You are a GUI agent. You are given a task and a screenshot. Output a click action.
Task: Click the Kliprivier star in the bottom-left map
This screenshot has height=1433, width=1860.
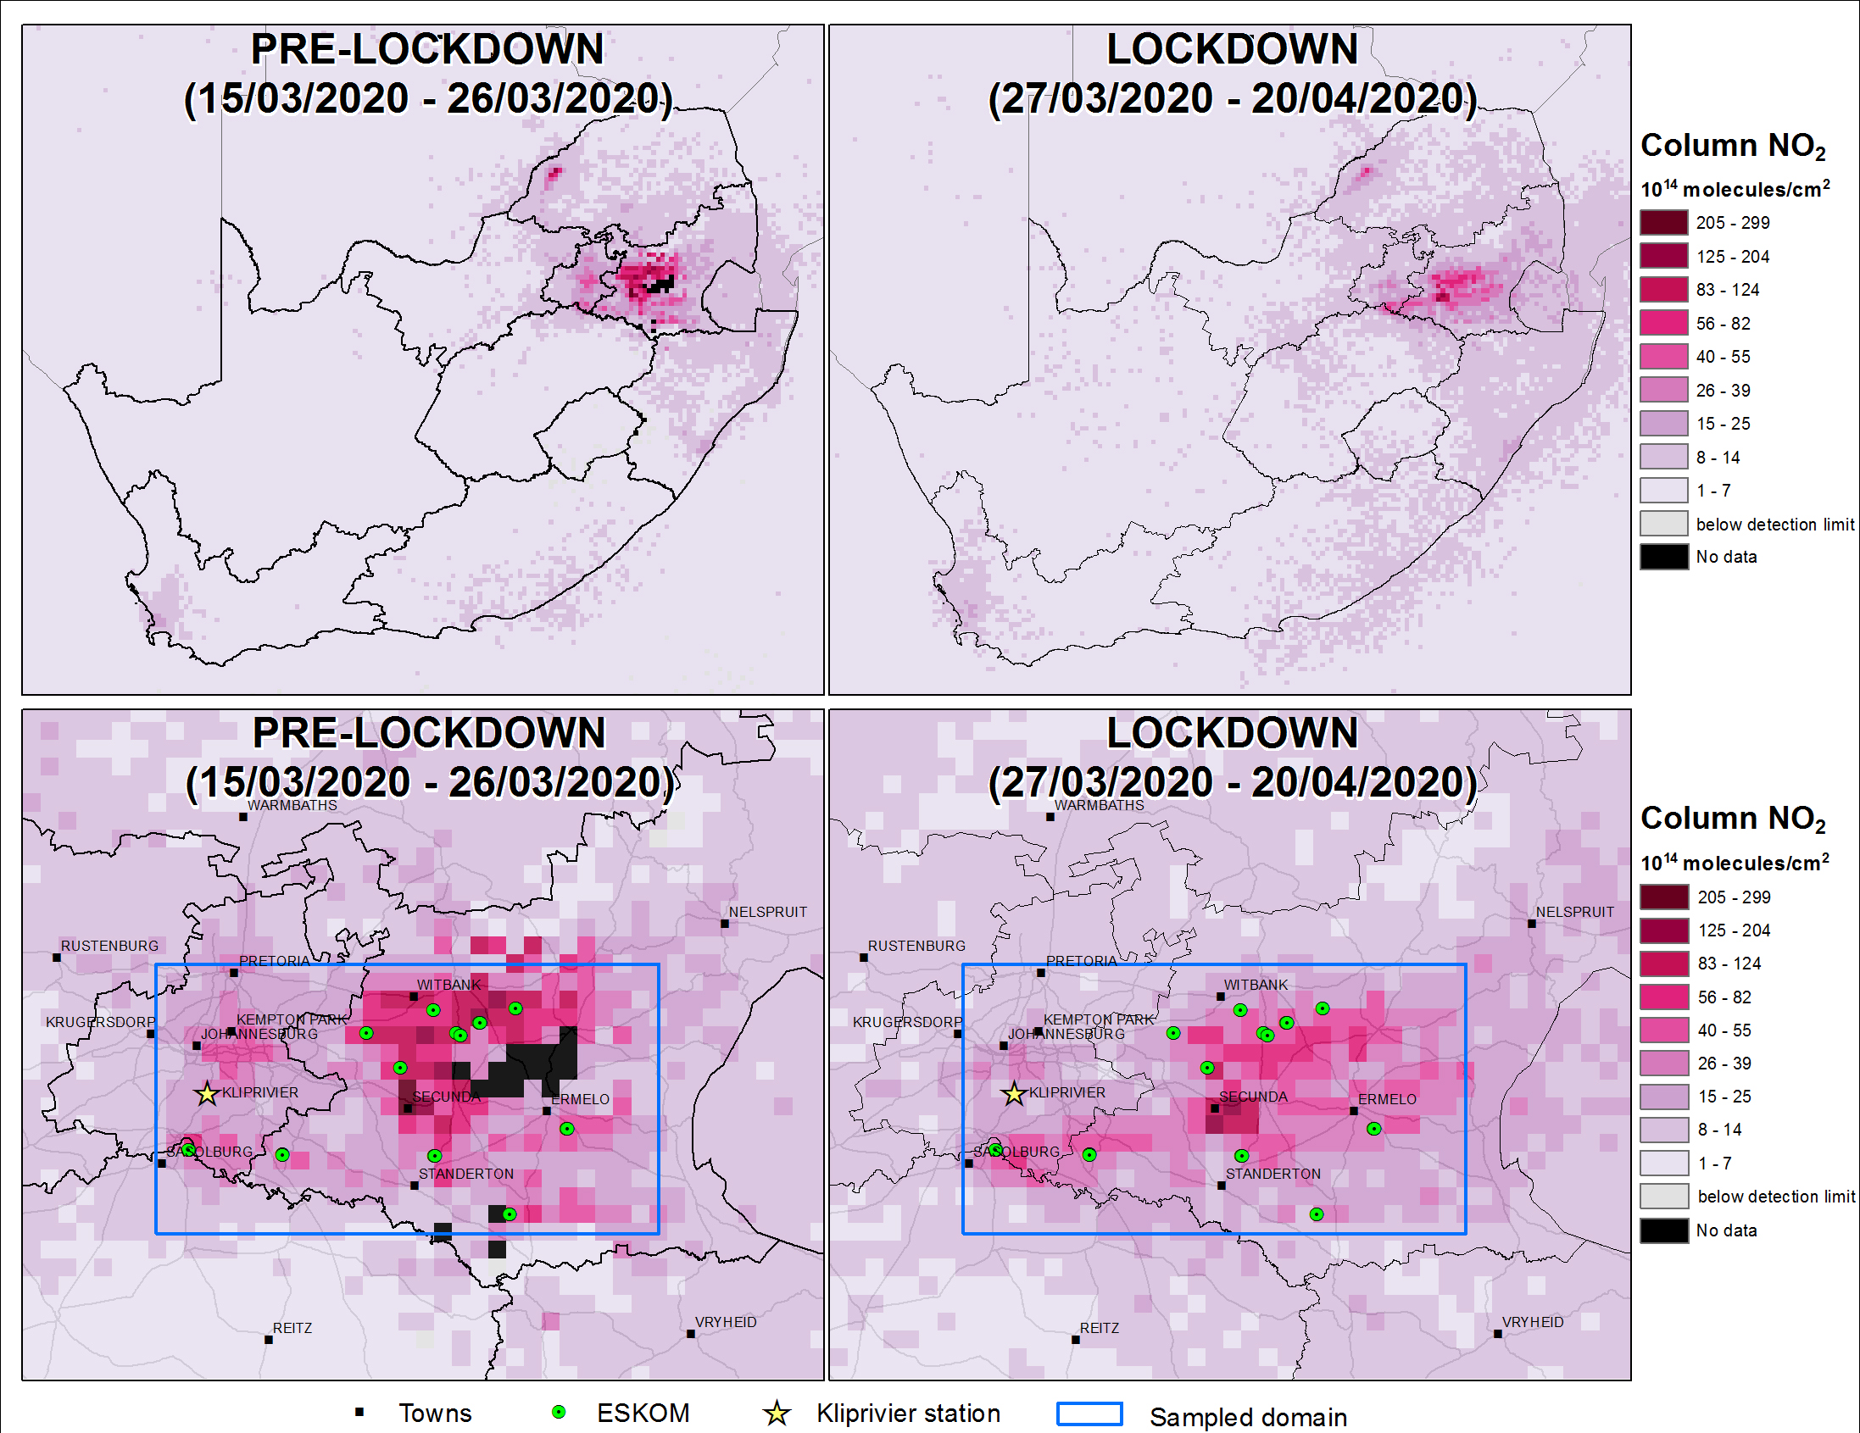(207, 1094)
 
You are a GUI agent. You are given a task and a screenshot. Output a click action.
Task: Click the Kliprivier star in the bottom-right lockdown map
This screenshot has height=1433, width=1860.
(1013, 1094)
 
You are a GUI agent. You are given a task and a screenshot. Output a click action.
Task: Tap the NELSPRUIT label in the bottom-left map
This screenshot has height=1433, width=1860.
(767, 912)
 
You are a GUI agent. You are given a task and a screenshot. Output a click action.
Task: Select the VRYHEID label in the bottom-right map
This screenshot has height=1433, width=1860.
(1532, 1322)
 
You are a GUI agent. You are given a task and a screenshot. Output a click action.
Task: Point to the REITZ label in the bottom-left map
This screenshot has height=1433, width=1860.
(292, 1328)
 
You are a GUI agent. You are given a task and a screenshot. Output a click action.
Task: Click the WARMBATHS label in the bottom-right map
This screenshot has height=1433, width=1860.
(1099, 805)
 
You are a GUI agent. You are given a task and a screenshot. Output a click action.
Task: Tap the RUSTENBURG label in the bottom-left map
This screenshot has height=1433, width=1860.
(109, 946)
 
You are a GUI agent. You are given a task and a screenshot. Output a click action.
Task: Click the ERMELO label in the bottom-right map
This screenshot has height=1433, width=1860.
(1386, 1099)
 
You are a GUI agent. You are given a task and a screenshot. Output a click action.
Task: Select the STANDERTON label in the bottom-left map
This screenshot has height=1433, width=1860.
(466, 1175)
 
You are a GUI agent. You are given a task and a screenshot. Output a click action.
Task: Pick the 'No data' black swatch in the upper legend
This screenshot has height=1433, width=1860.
(1663, 557)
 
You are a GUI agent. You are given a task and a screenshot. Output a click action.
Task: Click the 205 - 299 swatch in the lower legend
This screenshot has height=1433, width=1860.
(1663, 897)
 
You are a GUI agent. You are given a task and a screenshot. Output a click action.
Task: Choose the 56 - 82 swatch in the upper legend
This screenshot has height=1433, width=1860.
(1663, 324)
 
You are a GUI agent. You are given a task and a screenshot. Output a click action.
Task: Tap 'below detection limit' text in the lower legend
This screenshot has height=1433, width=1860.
(1776, 1197)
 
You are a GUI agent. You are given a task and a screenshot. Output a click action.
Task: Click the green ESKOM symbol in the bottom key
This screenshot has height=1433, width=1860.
(559, 1413)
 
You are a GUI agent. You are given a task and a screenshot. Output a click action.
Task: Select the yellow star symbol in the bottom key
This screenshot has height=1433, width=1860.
(776, 1414)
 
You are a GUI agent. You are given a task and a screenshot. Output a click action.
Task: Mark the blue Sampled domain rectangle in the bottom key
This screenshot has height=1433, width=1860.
(1089, 1414)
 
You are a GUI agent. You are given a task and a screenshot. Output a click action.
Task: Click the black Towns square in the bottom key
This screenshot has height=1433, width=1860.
(359, 1413)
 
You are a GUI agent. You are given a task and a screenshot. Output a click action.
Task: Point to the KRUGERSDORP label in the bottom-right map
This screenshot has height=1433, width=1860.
(907, 1022)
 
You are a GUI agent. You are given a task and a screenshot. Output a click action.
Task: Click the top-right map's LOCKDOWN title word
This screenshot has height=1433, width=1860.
(1232, 48)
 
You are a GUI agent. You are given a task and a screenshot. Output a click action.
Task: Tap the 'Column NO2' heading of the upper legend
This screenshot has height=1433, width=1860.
(1732, 147)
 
